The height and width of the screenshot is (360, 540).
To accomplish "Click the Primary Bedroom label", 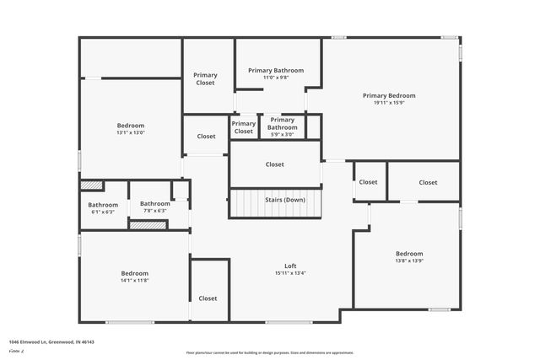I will pos(389,95).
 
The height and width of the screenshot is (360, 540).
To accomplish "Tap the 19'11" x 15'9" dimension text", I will pos(389,103).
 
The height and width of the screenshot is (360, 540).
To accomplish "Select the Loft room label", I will pos(290,266).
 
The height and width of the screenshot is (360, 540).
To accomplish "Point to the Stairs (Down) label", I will pos(285,200).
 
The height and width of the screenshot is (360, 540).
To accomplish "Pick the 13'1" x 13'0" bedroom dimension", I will pos(130,132).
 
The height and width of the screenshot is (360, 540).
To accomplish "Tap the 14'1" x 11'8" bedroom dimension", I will pos(134,280).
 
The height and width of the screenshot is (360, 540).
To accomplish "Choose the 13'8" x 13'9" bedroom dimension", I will pos(409,261).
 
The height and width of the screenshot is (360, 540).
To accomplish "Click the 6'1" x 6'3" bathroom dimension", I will pos(103,211).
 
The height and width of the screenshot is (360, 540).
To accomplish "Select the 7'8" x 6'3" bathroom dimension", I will pos(154,210).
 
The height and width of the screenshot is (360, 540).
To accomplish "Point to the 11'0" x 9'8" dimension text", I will pos(276,78).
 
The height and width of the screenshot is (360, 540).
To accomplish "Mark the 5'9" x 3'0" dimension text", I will pos(282,134).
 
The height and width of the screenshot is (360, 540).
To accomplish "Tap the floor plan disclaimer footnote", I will pos(270,353).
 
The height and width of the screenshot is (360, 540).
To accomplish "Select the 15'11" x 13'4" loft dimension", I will pos(290,273).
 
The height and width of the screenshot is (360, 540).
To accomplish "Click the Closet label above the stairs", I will pos(275,164).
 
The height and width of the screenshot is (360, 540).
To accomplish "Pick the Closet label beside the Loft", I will pos(208,298).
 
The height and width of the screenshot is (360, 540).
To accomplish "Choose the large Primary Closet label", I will pos(206,78).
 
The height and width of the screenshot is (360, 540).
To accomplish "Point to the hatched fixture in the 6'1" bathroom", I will pos(91,185).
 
